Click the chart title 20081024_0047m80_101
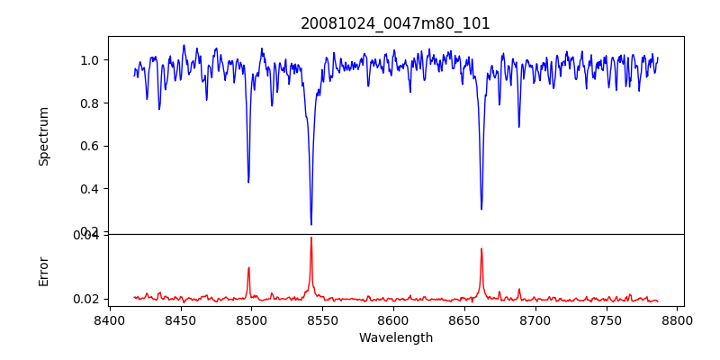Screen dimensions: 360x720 [395, 23]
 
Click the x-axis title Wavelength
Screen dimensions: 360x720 [395, 337]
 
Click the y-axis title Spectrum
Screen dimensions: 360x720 [43, 136]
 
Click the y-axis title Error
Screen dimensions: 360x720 [43, 271]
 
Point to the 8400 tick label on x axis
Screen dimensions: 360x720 [109, 319]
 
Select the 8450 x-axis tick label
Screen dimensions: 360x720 [180, 319]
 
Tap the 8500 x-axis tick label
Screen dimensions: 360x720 [251, 319]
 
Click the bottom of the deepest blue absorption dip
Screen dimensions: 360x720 [311, 224]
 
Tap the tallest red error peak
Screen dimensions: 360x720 [311, 238]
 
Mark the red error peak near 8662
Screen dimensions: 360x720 [481, 248]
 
